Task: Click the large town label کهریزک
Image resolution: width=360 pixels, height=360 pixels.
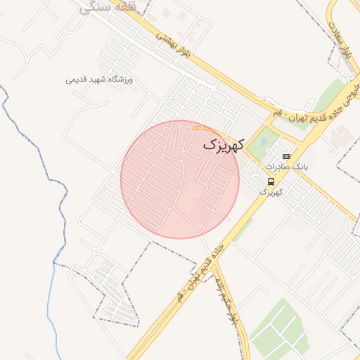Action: (224, 144)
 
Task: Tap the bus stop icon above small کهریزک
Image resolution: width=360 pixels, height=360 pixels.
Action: (271, 181)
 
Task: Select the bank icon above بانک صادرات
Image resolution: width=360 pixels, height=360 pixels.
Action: (285, 156)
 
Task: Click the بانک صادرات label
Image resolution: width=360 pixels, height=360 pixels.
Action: (286, 167)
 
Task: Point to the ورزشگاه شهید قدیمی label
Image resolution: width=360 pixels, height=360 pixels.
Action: (99, 79)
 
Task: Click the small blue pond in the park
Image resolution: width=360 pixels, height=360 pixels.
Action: (262, 141)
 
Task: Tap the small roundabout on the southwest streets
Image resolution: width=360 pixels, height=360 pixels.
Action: (96, 252)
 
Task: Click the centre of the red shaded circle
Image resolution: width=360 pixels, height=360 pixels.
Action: (180, 179)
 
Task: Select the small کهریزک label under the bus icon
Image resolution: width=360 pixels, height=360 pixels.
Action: (271, 191)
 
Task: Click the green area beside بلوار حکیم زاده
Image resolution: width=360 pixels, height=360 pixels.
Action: (278, 327)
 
